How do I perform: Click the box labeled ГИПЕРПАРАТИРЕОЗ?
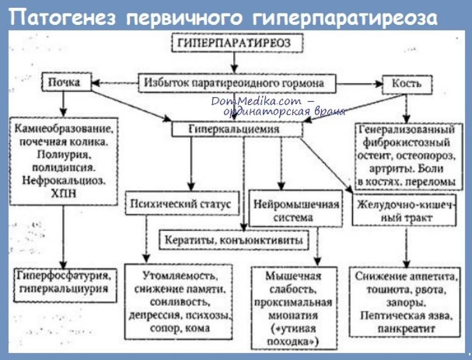pos(237,43)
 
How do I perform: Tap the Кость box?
pos(407,84)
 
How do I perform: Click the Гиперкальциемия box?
pos(237,130)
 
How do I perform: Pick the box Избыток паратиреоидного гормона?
pos(237,83)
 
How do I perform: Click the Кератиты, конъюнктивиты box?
pos(234,240)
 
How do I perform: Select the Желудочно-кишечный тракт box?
pos(404,210)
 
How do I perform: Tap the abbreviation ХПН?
pos(64,194)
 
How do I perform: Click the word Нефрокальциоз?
pos(64,181)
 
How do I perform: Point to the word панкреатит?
pos(406,328)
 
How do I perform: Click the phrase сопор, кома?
pos(180,328)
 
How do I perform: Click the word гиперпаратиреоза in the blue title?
pos(344,18)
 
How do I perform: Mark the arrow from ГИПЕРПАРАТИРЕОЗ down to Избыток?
pos(234,63)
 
